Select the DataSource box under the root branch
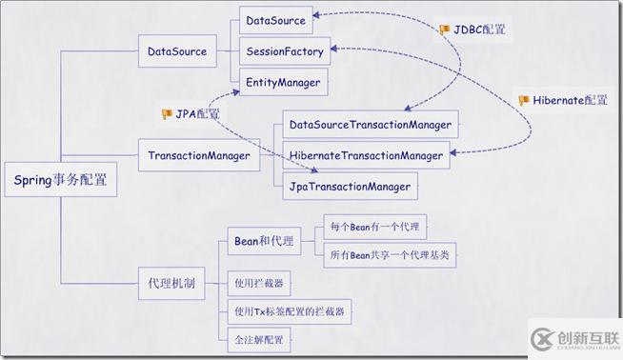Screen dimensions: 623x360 pyautogui.click(x=176, y=51)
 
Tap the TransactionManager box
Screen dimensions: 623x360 pyautogui.click(x=198, y=154)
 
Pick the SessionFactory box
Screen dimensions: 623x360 pyautogui.click(x=285, y=50)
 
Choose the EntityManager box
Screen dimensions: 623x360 pyautogui.click(x=283, y=83)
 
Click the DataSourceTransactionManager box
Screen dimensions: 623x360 pyautogui.click(x=371, y=124)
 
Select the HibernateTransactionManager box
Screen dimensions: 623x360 pyautogui.click(x=366, y=155)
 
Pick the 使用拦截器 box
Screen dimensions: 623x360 pyautogui.click(x=258, y=283)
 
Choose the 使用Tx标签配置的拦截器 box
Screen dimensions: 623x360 pyautogui.click(x=289, y=310)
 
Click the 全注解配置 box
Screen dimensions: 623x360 pyautogui.click(x=258, y=338)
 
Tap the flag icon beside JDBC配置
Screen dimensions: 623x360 pyautogui.click(x=444, y=30)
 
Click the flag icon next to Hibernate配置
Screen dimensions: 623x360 pyautogui.click(x=523, y=100)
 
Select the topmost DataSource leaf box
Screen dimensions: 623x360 pyautogui.click(x=275, y=19)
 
